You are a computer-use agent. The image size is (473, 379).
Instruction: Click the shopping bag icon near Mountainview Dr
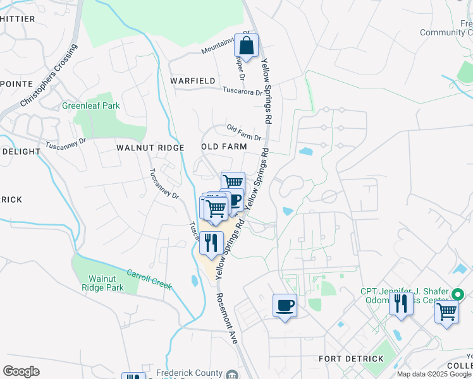(x=247, y=45)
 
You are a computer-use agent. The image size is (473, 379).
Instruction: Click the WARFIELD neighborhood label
(x=192, y=81)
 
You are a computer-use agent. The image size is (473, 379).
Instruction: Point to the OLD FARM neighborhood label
(x=223, y=147)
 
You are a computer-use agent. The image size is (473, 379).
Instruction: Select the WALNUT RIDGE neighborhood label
(x=150, y=147)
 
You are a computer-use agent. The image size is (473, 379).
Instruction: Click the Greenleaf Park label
(x=90, y=105)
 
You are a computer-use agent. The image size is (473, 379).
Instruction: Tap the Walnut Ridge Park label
(x=106, y=282)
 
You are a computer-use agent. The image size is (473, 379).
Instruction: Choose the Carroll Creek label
(x=149, y=280)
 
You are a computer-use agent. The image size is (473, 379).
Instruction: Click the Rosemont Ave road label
(x=226, y=318)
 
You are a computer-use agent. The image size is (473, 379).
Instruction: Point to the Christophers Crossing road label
(x=48, y=75)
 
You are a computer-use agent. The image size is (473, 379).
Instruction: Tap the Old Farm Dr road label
(x=244, y=133)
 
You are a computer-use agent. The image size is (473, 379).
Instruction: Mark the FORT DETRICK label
(x=351, y=359)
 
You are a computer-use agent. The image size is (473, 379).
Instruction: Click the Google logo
(x=21, y=371)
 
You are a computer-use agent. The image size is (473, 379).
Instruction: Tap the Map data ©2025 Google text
(x=434, y=374)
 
